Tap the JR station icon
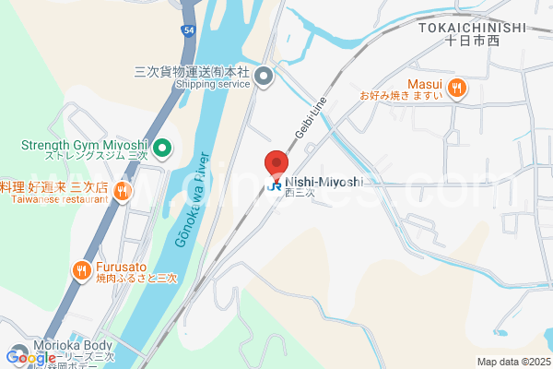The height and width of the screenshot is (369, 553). [275, 184]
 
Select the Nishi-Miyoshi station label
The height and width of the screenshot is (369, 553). [324, 182]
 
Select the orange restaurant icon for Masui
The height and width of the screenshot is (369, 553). [458, 88]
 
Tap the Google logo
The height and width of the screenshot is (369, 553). [30, 357]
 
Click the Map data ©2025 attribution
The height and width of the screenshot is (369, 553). [513, 362]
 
